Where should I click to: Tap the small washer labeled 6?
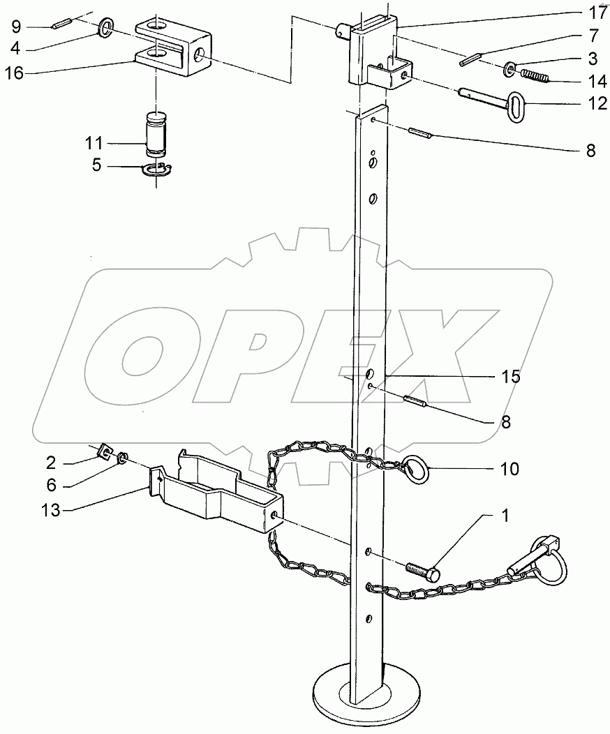coord(121,458)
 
